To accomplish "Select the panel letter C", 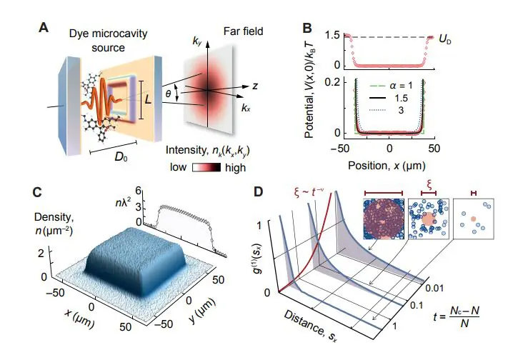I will [x=44, y=191].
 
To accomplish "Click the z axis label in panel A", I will [x=255, y=85].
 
